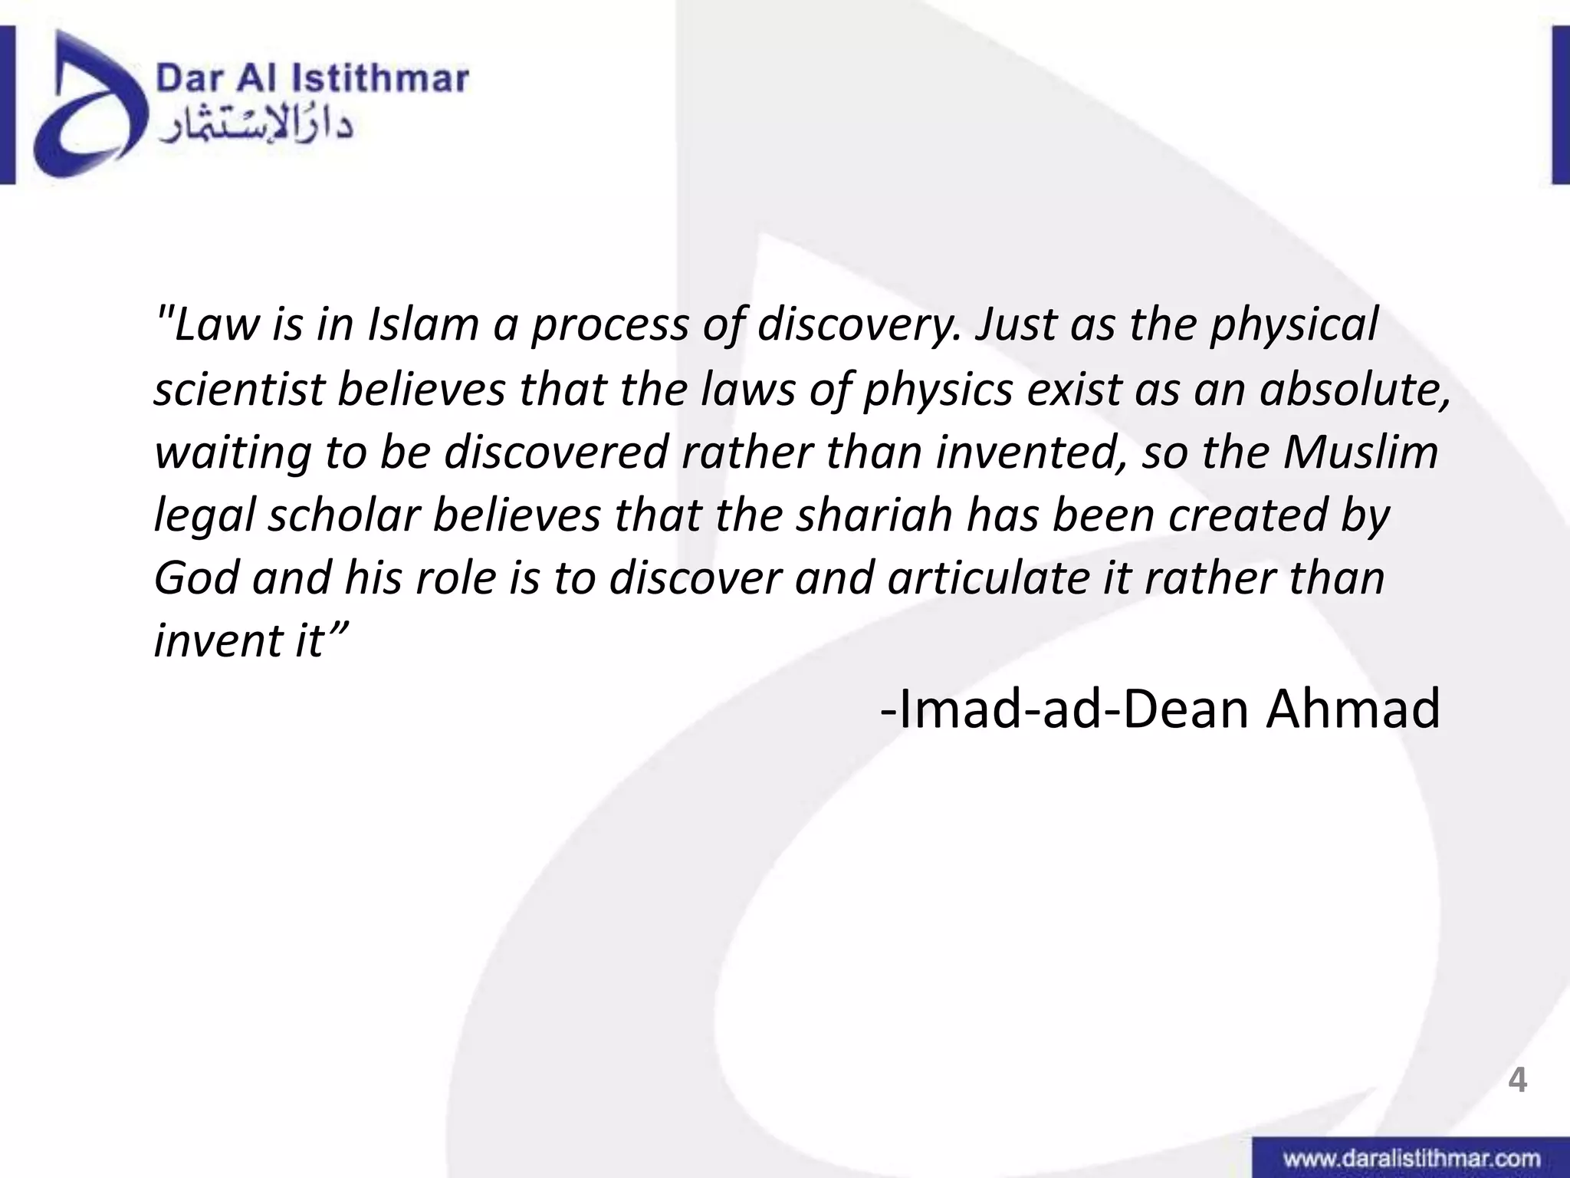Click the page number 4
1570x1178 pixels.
click(x=1517, y=1081)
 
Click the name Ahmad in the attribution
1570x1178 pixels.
click(x=1353, y=709)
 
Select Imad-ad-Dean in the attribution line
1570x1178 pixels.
click(x=1066, y=709)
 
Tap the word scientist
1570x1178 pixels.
click(x=238, y=389)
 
